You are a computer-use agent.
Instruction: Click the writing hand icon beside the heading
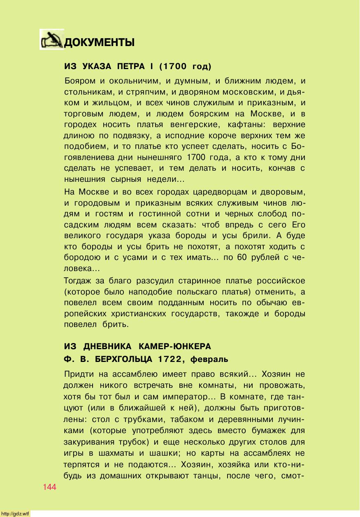(x=52, y=39)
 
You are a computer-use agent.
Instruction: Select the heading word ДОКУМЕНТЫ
(x=100, y=42)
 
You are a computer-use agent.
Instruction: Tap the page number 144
(x=49, y=487)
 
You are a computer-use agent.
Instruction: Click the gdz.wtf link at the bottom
(x=15, y=513)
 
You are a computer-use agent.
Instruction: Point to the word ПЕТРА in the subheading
(x=132, y=67)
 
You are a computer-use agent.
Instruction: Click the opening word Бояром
(x=81, y=80)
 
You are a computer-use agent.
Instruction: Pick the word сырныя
(x=126, y=179)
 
